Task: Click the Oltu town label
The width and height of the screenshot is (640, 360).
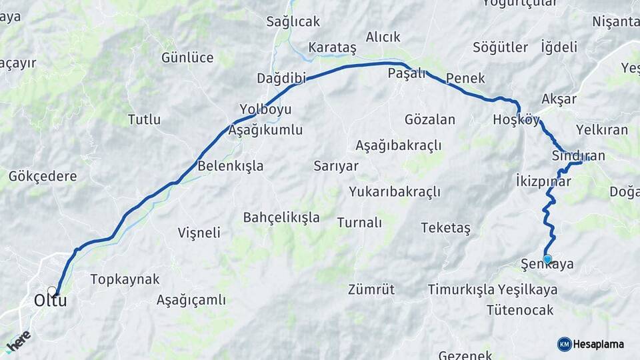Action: [x=50, y=301]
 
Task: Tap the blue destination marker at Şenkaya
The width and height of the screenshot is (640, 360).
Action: [x=547, y=259]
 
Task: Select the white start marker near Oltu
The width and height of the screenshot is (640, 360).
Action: [x=52, y=291]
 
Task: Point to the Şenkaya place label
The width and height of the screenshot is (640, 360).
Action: [x=547, y=265]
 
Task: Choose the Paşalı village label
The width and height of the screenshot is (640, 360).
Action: [x=407, y=74]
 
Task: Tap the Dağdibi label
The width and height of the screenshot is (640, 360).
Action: [x=281, y=79]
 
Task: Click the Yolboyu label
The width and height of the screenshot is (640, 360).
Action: [x=265, y=109]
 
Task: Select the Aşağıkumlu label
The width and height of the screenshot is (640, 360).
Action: [x=265, y=130]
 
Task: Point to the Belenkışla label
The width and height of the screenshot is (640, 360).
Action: [x=231, y=166]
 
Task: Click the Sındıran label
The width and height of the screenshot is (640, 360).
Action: [x=578, y=156]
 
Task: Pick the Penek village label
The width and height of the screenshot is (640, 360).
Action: [x=465, y=78]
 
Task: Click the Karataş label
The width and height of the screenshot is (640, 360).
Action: [x=333, y=48]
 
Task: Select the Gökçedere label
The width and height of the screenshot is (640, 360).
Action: [x=43, y=177]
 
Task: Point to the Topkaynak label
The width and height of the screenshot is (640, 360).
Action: [x=125, y=279]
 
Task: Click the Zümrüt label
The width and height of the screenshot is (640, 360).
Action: [x=371, y=289]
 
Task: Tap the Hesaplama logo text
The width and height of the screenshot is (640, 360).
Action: [x=599, y=345]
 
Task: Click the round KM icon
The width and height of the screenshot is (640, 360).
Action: [x=564, y=344]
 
